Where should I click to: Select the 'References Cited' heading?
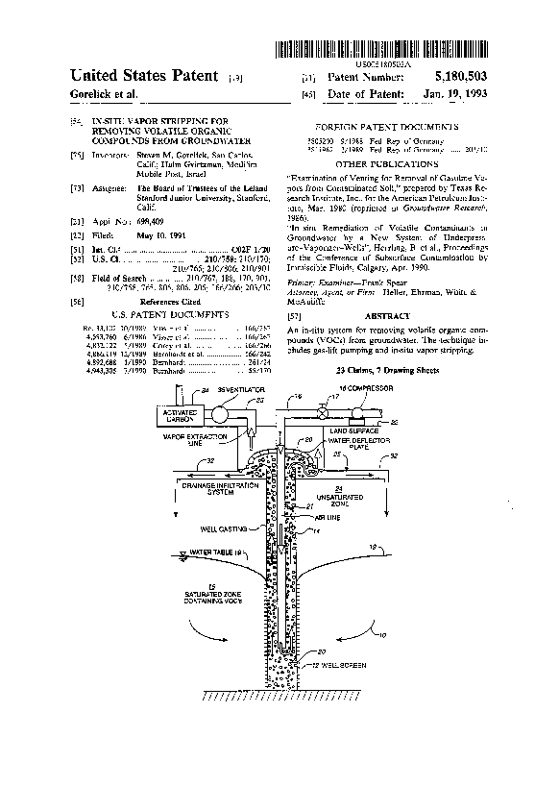pos(154,301)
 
